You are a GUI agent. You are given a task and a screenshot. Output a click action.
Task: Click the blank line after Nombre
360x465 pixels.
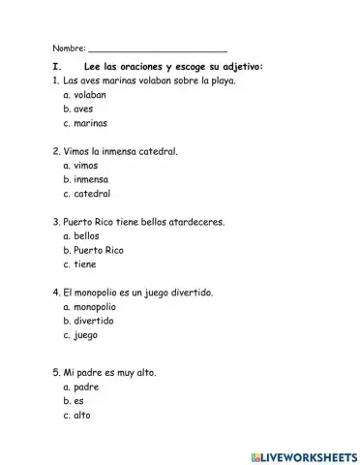[x=158, y=48]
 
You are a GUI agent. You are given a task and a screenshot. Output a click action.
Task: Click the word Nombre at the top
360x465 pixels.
[x=68, y=47]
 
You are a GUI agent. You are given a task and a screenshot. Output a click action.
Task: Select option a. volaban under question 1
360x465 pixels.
[x=83, y=96]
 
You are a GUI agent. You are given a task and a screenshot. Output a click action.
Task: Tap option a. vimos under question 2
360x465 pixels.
[x=79, y=166]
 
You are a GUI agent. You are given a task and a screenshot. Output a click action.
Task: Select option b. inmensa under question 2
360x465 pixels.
[x=84, y=180]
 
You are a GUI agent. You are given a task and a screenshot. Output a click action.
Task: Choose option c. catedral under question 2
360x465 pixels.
[x=85, y=194]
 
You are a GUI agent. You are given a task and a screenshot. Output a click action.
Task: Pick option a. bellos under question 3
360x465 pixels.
[x=80, y=235]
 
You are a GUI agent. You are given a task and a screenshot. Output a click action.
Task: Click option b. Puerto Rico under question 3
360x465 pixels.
[x=93, y=250]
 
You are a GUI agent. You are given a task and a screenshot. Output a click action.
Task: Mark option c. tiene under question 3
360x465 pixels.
[x=78, y=263]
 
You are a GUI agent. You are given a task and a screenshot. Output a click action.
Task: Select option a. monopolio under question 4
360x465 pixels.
[x=90, y=306]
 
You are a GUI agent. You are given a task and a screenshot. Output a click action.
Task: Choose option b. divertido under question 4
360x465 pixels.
[x=88, y=320]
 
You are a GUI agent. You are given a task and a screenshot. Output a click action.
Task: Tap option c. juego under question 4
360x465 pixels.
[x=79, y=334]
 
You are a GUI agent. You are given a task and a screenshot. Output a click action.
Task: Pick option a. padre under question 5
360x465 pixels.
[x=80, y=386]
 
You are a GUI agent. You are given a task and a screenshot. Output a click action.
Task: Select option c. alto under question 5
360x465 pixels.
[x=75, y=415]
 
